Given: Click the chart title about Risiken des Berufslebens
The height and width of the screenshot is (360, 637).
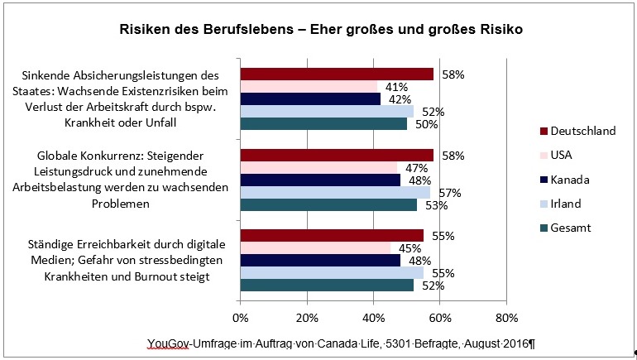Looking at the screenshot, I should [x=318, y=31].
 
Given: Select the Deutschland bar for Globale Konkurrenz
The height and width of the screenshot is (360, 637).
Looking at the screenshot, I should [x=337, y=155].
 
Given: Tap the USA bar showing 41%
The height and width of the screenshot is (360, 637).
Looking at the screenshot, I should [x=309, y=86].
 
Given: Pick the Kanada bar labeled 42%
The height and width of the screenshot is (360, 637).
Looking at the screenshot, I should [x=310, y=98].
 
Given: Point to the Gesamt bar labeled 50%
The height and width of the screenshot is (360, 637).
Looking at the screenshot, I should [x=323, y=123].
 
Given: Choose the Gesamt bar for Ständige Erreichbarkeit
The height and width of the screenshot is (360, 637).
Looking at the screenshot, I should [x=327, y=286].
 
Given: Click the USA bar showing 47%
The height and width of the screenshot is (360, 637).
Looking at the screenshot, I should [x=318, y=167].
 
